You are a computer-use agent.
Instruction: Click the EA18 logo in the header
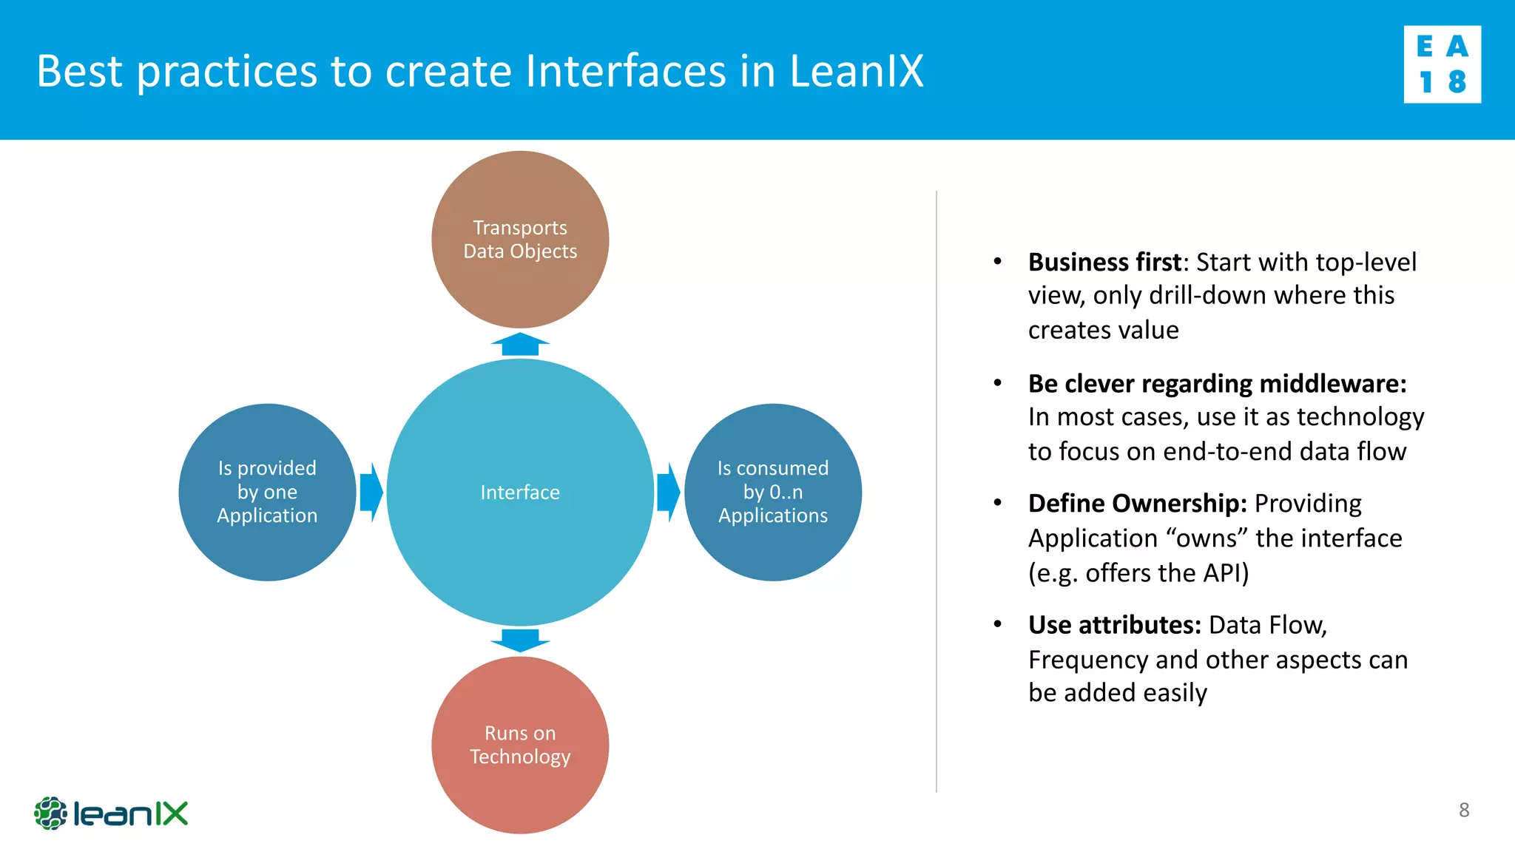point(1442,64)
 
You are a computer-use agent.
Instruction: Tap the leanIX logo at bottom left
point(111,814)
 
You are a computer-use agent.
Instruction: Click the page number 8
point(1464,810)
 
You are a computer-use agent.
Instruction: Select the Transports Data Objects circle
point(520,239)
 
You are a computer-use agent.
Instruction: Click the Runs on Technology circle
point(520,745)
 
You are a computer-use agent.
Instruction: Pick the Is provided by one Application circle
point(267,492)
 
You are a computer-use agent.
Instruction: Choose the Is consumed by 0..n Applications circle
point(773,492)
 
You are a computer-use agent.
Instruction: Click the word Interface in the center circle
point(520,493)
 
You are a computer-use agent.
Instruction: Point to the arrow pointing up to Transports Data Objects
point(520,345)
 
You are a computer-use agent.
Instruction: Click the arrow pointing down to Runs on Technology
point(520,640)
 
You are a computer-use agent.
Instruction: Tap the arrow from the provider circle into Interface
point(371,492)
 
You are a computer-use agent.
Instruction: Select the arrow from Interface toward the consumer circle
point(668,492)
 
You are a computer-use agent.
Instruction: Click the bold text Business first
point(1104,263)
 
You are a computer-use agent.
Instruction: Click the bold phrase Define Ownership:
point(1137,504)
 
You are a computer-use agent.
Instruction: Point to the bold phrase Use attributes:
point(1114,626)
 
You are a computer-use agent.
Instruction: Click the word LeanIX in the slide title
point(857,71)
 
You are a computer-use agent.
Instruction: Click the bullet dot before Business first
point(997,261)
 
